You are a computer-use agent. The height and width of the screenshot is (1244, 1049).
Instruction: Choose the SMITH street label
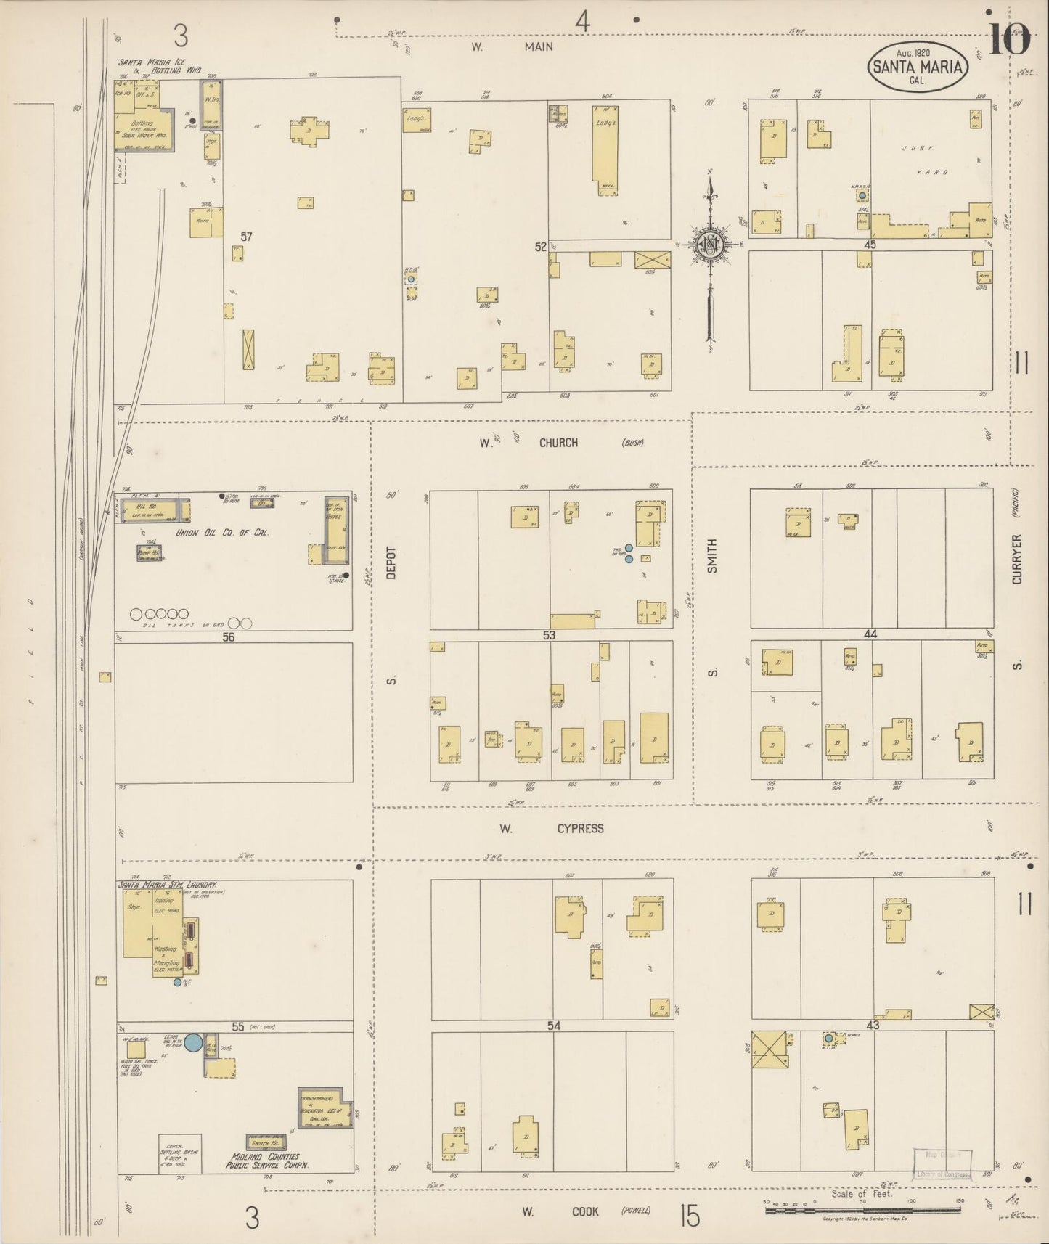[712, 556]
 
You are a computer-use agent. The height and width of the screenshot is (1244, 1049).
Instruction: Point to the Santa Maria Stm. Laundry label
[168, 886]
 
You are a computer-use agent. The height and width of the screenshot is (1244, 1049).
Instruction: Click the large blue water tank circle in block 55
[193, 1043]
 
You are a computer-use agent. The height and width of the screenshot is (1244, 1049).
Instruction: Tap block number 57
[246, 237]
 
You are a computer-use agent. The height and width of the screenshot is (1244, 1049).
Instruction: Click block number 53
[548, 635]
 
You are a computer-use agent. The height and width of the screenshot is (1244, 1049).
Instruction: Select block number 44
[870, 634]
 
